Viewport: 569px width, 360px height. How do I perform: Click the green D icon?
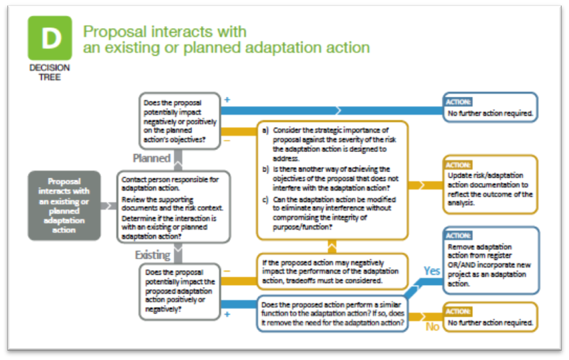(x=49, y=38)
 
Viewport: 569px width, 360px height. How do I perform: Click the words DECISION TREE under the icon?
(x=49, y=72)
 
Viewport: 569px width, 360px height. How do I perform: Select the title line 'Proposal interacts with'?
(x=164, y=31)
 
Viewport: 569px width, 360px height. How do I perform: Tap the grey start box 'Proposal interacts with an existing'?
(x=64, y=205)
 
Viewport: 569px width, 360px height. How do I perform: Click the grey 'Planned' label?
(x=152, y=159)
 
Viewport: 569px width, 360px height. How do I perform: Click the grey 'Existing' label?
(x=152, y=255)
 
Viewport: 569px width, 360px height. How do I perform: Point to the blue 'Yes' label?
(x=432, y=271)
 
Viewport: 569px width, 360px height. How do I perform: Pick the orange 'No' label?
(x=432, y=327)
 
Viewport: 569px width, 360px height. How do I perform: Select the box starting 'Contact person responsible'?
(x=174, y=207)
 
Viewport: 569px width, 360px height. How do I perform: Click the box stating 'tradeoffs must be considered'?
(x=332, y=271)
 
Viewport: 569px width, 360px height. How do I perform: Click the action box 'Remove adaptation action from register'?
(x=489, y=260)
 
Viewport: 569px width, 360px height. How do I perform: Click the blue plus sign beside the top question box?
(x=227, y=100)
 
